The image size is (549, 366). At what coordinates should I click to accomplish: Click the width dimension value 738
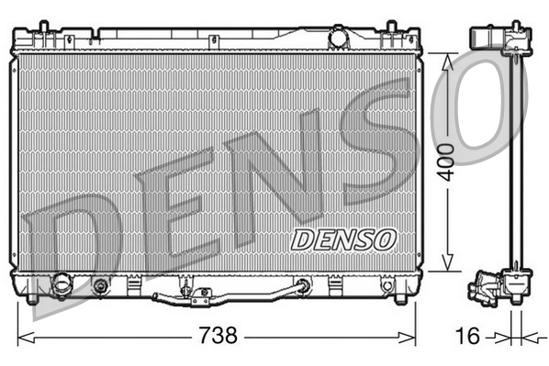coord(218,336)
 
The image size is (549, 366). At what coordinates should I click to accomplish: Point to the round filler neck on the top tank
coord(340,39)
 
